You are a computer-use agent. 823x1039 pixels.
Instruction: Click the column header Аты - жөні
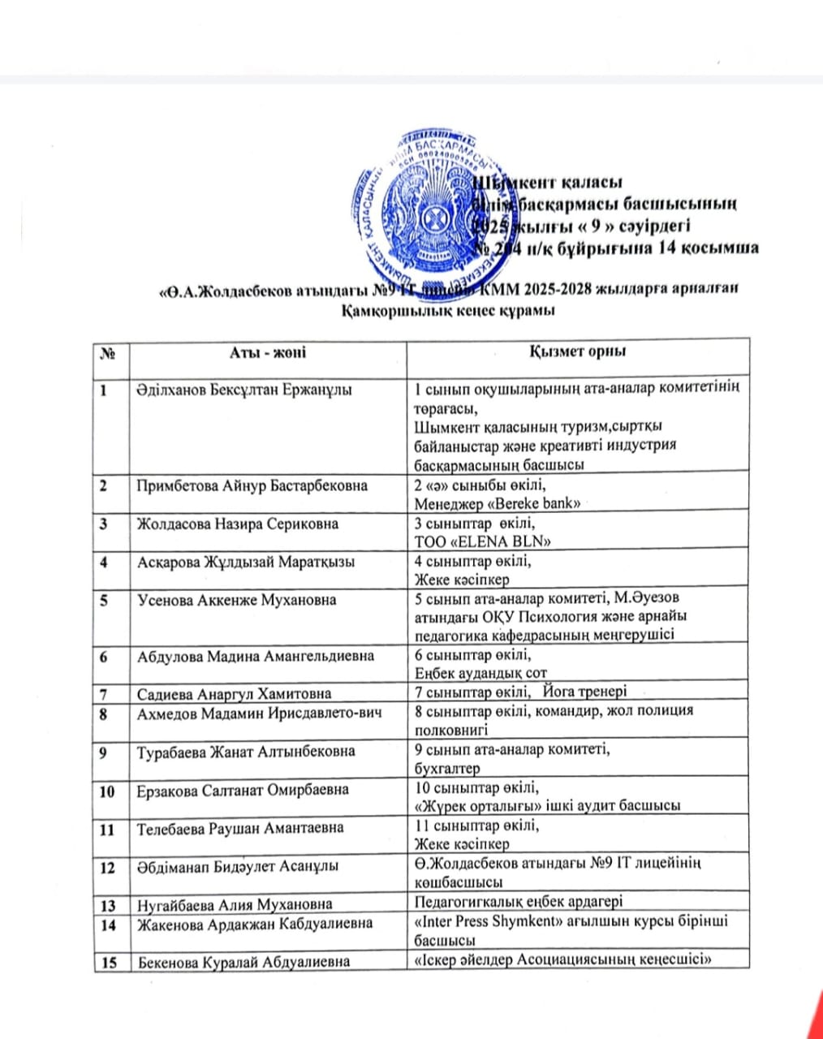pyautogui.click(x=267, y=352)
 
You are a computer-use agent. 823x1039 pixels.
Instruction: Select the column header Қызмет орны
pyautogui.click(x=577, y=351)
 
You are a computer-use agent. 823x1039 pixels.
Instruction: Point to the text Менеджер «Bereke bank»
pyautogui.click(x=498, y=504)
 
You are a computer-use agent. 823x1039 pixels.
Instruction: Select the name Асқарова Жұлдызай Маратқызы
pyautogui.click(x=246, y=562)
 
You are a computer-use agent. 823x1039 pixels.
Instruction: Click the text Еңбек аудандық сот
pyautogui.click(x=480, y=673)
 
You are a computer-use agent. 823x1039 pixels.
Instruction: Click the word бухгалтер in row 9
pyautogui.click(x=447, y=768)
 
